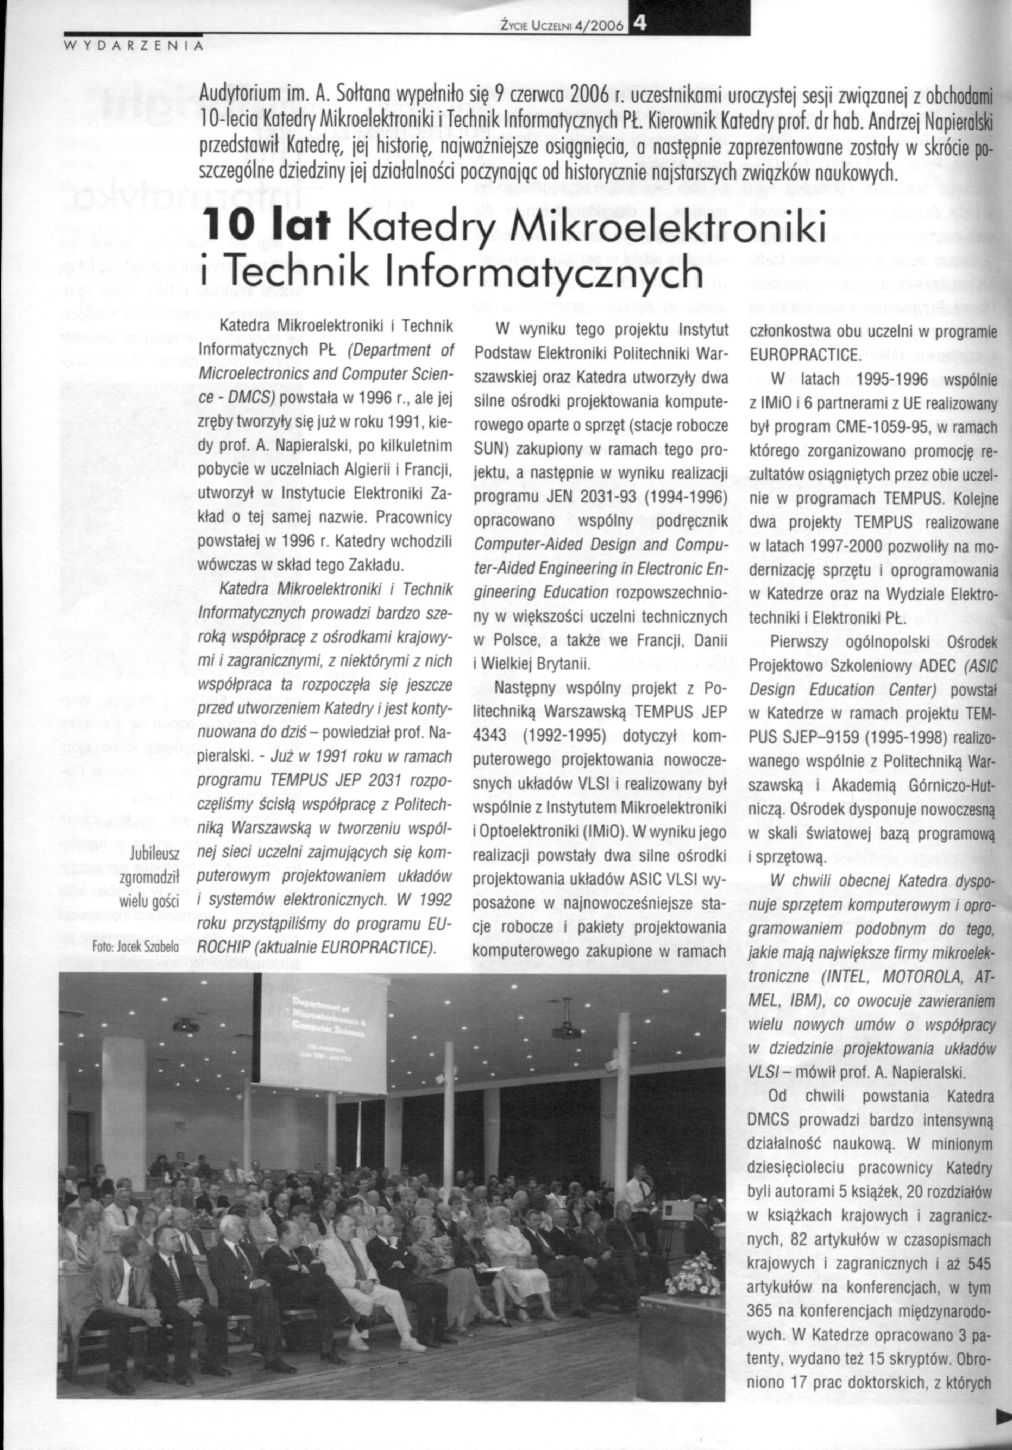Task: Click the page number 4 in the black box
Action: (x=641, y=23)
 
